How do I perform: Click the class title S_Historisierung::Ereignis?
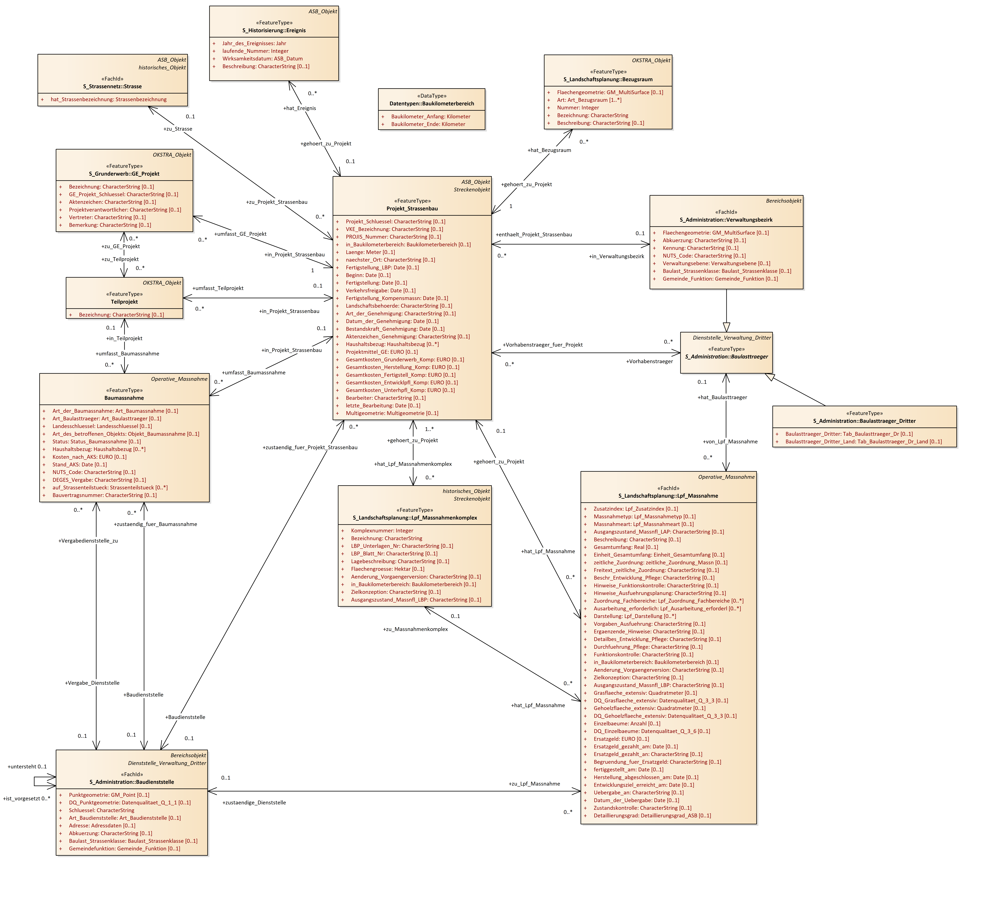[x=274, y=30]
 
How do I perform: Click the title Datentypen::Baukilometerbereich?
[x=431, y=103]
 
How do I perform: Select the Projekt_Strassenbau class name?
[x=412, y=208]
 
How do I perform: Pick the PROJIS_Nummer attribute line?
[x=393, y=237]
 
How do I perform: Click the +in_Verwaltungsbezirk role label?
[x=616, y=256]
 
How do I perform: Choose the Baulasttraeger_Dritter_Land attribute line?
[x=863, y=442]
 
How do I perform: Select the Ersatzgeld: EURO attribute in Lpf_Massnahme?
[x=621, y=739]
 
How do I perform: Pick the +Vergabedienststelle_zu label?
[x=88, y=541]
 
